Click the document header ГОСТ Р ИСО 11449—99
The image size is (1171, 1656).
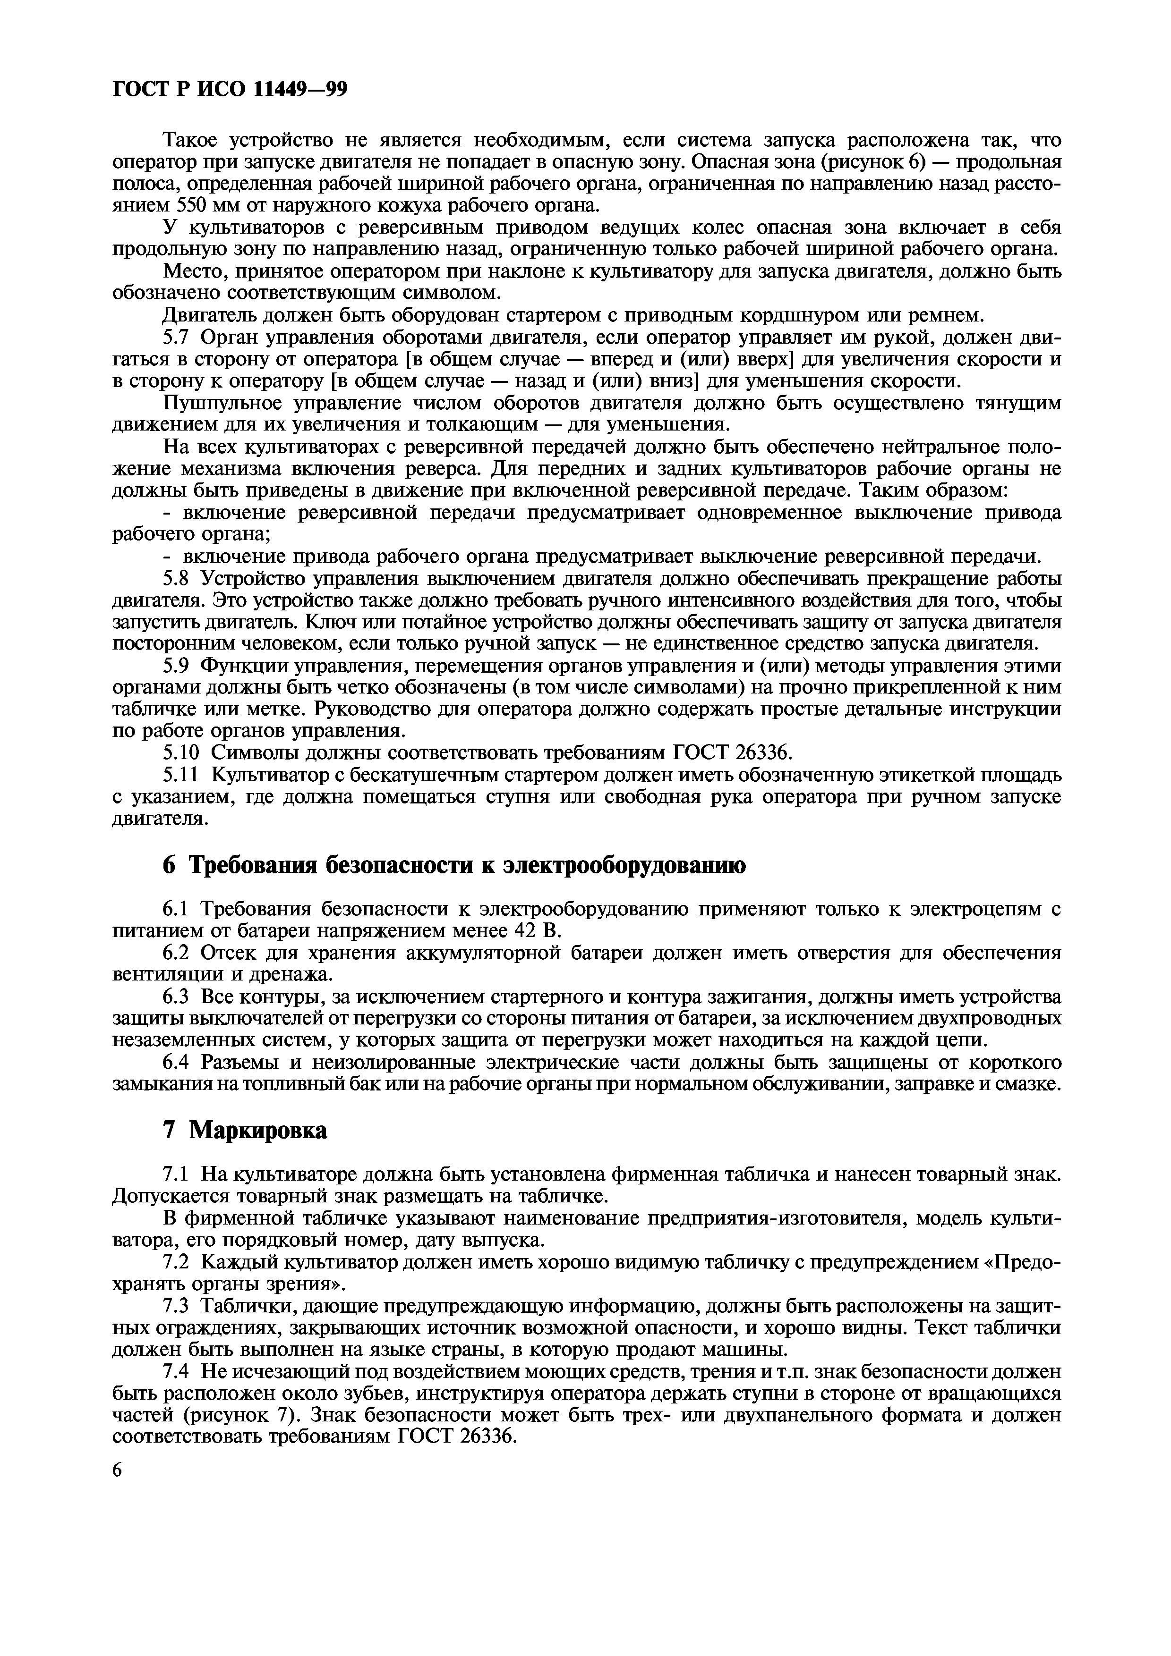tap(230, 89)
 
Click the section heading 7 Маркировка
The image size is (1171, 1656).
tap(245, 1130)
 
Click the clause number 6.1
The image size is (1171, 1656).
tap(178, 909)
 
